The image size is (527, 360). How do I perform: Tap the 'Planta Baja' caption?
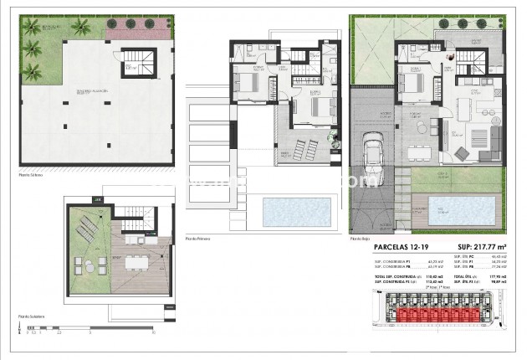pos(361,239)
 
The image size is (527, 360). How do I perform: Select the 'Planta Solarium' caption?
pos(31,317)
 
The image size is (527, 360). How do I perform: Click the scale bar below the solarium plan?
pos(84,329)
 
